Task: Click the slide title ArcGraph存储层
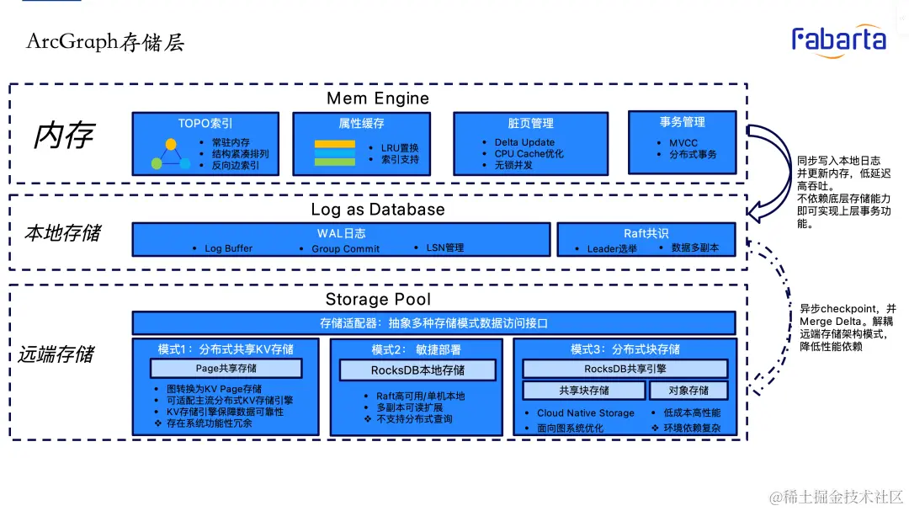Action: pos(105,42)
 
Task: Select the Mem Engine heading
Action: pos(378,98)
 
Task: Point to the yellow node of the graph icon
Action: pos(171,144)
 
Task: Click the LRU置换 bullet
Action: pos(399,147)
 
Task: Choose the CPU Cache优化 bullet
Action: pos(529,154)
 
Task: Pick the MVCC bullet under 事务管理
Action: pos(683,143)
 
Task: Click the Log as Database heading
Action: pos(378,210)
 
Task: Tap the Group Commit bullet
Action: pos(345,249)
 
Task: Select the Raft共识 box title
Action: pos(646,233)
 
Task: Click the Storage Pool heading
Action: pos(378,300)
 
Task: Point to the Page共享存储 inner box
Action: pos(226,368)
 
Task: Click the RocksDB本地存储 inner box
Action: pos(417,370)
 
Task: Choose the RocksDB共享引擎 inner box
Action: pos(625,368)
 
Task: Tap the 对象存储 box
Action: pos(688,390)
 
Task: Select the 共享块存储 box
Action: pos(583,390)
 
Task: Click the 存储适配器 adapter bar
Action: pos(433,323)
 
